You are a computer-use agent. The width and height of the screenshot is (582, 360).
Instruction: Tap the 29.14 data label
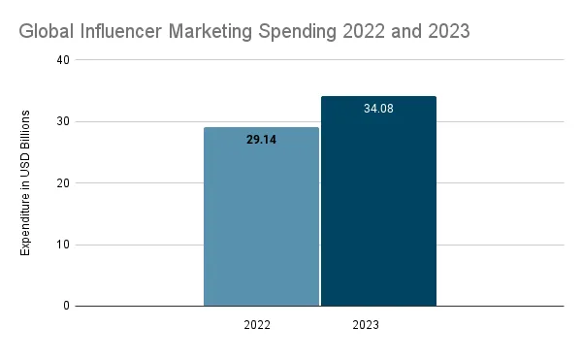coord(261,140)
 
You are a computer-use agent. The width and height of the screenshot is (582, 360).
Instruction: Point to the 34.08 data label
coord(378,109)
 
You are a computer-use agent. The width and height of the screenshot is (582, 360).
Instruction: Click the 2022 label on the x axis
coord(257,325)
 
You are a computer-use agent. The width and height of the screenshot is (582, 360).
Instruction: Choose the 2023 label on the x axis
coord(365,325)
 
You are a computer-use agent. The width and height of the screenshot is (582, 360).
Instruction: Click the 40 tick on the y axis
coord(63,60)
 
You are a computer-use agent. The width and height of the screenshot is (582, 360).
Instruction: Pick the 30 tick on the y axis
coord(63,121)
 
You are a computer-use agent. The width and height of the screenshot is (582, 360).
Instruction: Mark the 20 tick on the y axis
coord(63,182)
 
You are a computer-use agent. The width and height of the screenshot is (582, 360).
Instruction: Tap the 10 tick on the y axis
coord(63,245)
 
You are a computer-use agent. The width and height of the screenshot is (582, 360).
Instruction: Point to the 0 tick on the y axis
coord(66,306)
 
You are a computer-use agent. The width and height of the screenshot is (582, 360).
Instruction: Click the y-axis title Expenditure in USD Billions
coord(26,183)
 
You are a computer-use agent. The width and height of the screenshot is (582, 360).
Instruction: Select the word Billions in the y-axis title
coord(26,132)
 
